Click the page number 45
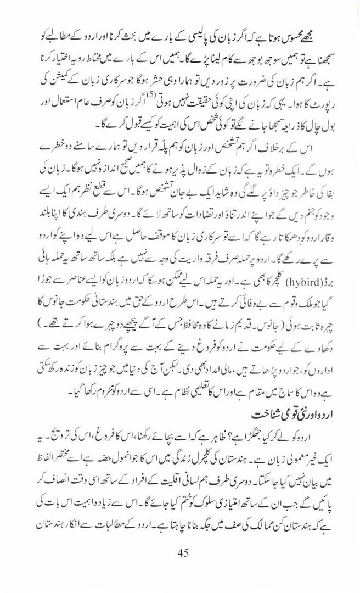183,553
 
